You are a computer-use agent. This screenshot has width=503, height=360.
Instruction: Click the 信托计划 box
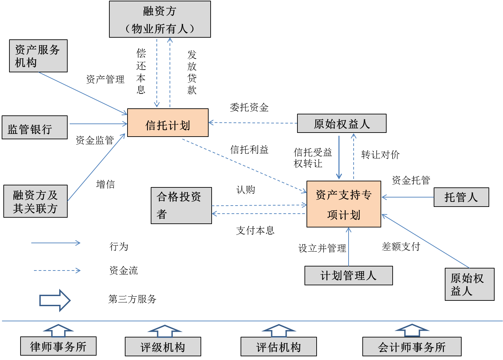coord(168,123)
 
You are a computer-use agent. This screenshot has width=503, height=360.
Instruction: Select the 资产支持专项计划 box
coord(344,204)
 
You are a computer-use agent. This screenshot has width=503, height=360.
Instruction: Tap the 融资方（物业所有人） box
coord(160,19)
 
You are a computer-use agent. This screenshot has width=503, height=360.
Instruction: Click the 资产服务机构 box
coord(38,56)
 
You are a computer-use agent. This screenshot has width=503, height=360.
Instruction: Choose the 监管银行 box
coord(35,128)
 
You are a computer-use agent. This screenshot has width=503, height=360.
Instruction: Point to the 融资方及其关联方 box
coord(35,201)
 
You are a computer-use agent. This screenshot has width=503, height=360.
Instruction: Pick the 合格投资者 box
coord(181,205)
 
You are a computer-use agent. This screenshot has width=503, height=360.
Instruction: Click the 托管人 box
coord(461,197)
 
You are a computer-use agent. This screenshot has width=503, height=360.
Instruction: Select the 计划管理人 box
coord(348,276)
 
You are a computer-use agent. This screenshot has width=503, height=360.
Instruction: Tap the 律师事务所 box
coord(58,346)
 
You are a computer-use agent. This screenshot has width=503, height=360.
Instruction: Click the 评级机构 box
coord(163,347)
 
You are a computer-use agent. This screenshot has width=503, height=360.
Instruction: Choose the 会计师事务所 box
coord(411,347)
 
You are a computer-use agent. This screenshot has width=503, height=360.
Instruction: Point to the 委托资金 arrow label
coord(249,108)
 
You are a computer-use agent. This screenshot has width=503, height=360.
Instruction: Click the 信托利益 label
coord(249,150)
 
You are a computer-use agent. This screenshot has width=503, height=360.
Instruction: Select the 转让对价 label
coord(380,155)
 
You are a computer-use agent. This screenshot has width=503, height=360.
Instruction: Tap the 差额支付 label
coord(401,247)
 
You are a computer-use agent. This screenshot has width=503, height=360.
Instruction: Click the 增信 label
coord(106,184)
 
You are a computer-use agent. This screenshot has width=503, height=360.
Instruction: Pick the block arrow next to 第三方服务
coord(55,300)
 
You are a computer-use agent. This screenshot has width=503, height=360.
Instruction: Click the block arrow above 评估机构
coord(279,330)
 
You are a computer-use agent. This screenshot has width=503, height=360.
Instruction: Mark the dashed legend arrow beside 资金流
coord(57,271)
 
